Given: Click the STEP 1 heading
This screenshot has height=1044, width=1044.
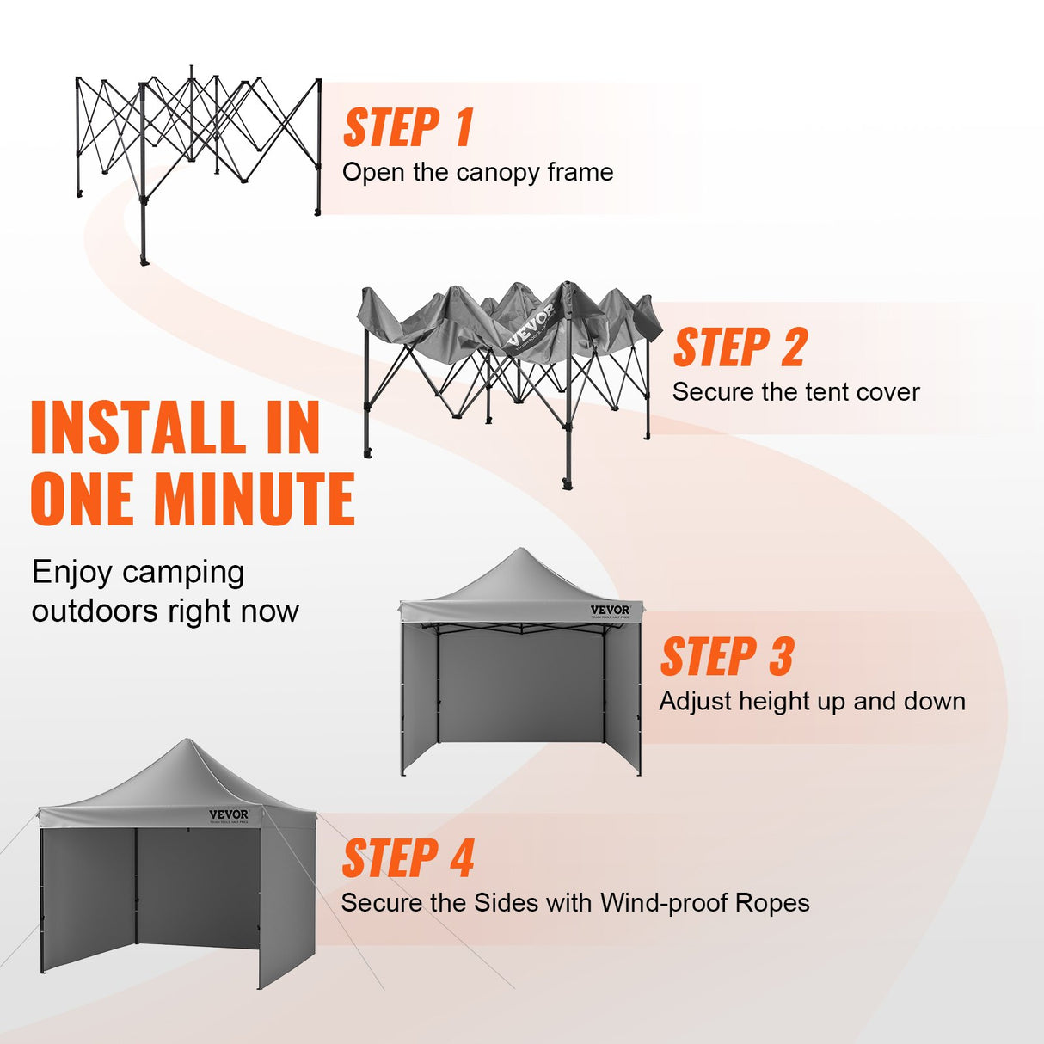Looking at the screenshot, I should [x=408, y=127].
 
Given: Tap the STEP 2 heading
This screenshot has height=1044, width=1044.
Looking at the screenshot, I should [x=740, y=347].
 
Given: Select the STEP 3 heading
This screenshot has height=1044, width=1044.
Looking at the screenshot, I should [x=727, y=657].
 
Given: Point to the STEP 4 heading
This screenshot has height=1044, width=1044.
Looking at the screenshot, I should [x=408, y=858].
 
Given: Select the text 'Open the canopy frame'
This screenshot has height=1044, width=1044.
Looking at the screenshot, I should [x=477, y=172].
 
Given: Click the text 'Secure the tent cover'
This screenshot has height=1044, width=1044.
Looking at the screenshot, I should [x=795, y=392].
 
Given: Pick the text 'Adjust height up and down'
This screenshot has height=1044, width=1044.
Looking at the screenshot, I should [x=812, y=701].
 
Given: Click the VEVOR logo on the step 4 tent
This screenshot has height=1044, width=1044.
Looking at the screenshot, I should [x=229, y=814].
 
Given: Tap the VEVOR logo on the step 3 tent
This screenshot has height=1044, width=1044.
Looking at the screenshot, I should [x=611, y=610].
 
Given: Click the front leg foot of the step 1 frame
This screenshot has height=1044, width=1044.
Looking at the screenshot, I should [x=144, y=260].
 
